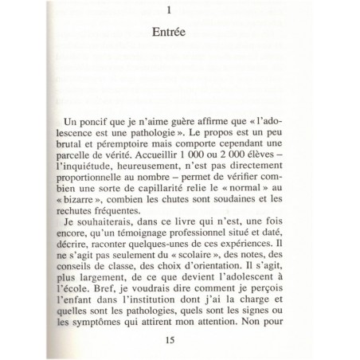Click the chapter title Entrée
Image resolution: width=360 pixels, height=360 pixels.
coord(178,34)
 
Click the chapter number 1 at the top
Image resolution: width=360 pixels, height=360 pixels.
coord(179,10)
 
